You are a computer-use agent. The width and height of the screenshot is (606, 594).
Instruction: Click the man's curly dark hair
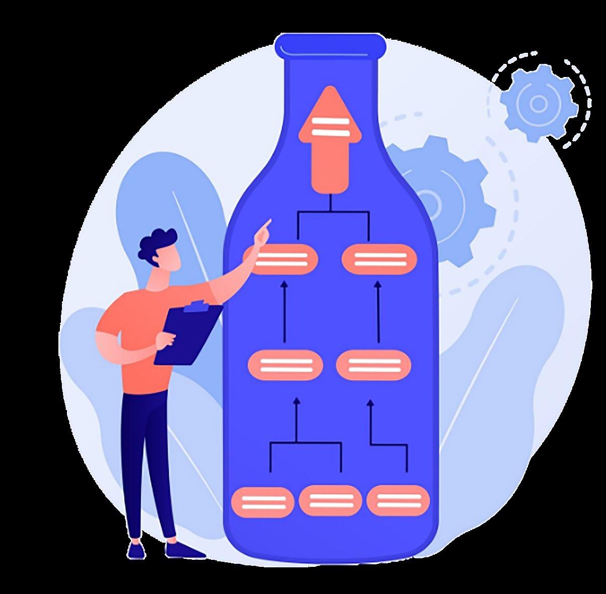coord(158,242)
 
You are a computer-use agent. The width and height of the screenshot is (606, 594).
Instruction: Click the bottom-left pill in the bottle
coord(263,501)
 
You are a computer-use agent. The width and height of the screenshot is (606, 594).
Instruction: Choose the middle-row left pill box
coord(285,365)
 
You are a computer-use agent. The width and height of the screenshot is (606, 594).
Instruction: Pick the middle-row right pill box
coord(373,365)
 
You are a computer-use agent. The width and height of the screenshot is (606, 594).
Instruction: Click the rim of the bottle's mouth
coord(331,44)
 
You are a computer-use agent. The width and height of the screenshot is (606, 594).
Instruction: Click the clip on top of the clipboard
coord(196,306)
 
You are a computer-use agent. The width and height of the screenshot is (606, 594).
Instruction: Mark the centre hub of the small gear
coord(538,103)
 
